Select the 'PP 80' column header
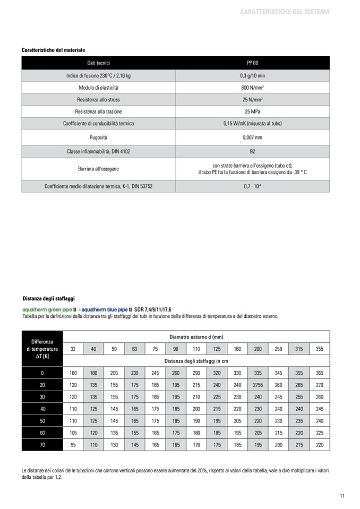pos(253,63)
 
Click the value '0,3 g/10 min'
pos(253,75)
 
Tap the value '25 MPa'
pos(253,111)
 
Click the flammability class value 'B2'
pos(253,151)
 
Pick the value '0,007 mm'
pos(253,137)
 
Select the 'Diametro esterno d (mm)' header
pos(196,337)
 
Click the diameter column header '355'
pos(319,349)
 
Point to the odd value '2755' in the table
pos(258,385)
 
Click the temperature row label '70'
pos(42,445)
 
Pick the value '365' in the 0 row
pos(319,373)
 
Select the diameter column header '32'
pos(73,349)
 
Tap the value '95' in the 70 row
pos(73,445)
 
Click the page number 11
pos(342,496)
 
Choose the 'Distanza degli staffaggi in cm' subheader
pos(196,361)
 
